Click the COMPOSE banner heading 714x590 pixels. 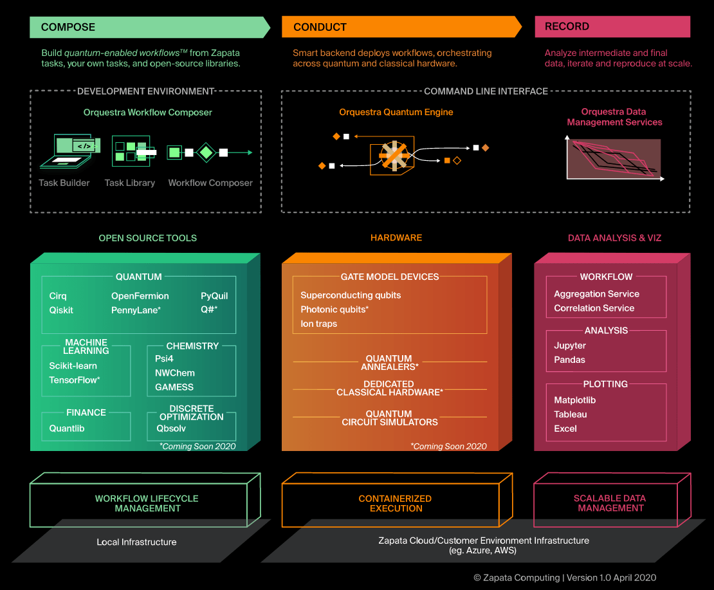coord(68,27)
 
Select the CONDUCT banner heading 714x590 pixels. coord(320,27)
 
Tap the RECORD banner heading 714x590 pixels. coord(567,26)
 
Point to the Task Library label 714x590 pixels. coord(130,183)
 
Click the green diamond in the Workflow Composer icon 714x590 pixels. coord(206,152)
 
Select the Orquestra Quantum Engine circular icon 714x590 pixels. coord(392,155)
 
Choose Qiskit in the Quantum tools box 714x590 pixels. coord(61,310)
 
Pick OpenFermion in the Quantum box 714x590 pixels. coord(140,296)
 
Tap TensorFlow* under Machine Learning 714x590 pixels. coord(75,380)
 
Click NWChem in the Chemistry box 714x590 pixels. coord(174,373)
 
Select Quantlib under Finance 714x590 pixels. coord(67,429)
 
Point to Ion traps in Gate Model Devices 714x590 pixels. coord(318,324)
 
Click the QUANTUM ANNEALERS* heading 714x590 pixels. coord(389,363)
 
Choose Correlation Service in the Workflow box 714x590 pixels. coord(594,308)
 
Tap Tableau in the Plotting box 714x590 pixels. coord(571,414)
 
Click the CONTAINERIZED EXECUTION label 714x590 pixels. coord(395,503)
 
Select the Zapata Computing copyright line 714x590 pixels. coord(565,578)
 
